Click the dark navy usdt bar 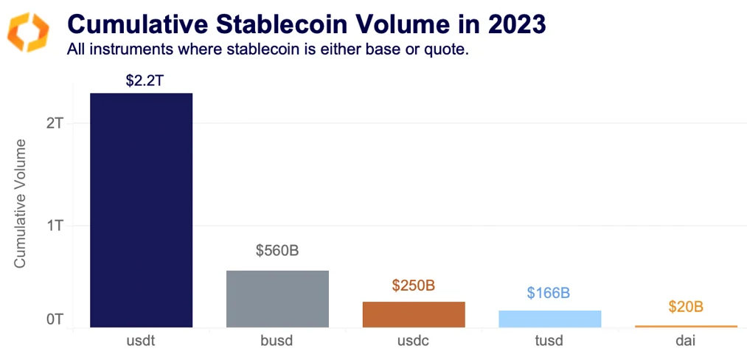(141, 210)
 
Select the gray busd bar (277, 299)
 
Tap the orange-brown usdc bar (414, 314)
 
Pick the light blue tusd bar (549, 319)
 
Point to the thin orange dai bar (686, 326)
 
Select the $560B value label (277, 251)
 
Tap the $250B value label (414, 285)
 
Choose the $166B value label (549, 293)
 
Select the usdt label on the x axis (141, 342)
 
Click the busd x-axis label (277, 342)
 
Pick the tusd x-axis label (549, 342)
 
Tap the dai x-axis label (686, 342)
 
